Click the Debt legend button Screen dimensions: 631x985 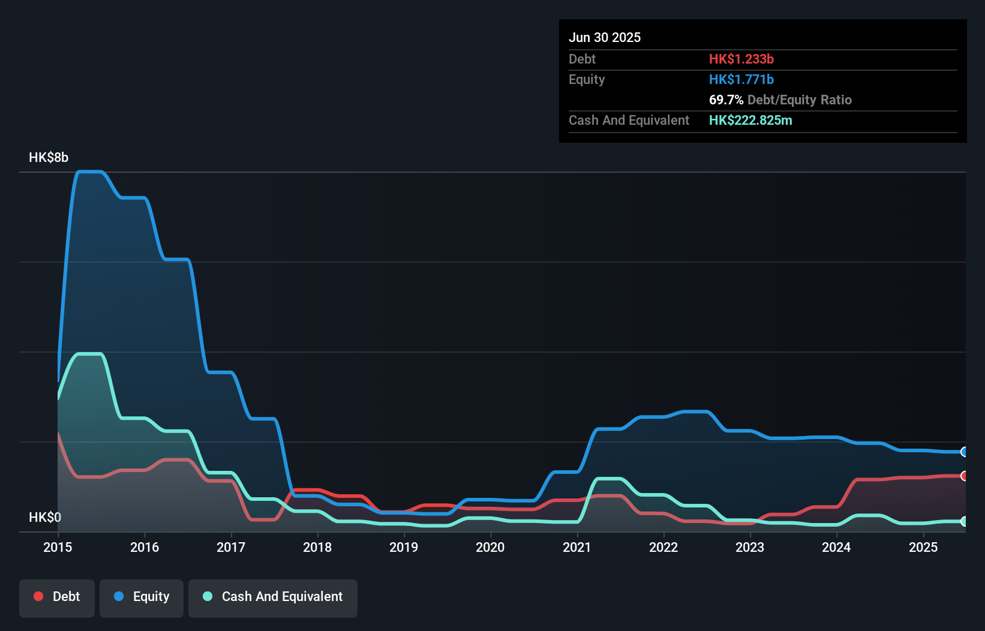(x=57, y=597)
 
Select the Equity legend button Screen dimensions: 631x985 (x=142, y=597)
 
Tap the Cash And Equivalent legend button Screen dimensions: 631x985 (x=273, y=597)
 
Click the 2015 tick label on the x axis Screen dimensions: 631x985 (x=58, y=547)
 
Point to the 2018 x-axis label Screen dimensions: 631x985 (x=317, y=547)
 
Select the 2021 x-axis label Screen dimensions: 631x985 (x=577, y=547)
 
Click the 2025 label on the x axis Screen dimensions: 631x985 (x=923, y=547)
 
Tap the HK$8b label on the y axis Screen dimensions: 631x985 (x=49, y=158)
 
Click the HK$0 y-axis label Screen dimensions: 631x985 (x=45, y=517)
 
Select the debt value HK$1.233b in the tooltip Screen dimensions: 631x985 (x=741, y=59)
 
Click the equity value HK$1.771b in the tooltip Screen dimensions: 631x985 (x=741, y=80)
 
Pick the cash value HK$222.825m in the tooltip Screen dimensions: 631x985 (x=750, y=121)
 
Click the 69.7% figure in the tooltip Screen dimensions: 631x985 (x=726, y=100)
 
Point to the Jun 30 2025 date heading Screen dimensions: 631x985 (x=605, y=38)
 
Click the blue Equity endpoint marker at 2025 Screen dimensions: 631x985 (x=964, y=452)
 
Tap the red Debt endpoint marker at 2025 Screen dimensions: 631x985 (x=964, y=476)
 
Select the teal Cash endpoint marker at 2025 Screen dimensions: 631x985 (x=964, y=521)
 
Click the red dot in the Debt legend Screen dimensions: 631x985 (x=38, y=596)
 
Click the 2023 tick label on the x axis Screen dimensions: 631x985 (x=750, y=547)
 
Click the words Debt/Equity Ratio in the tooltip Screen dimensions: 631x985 (x=799, y=100)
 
